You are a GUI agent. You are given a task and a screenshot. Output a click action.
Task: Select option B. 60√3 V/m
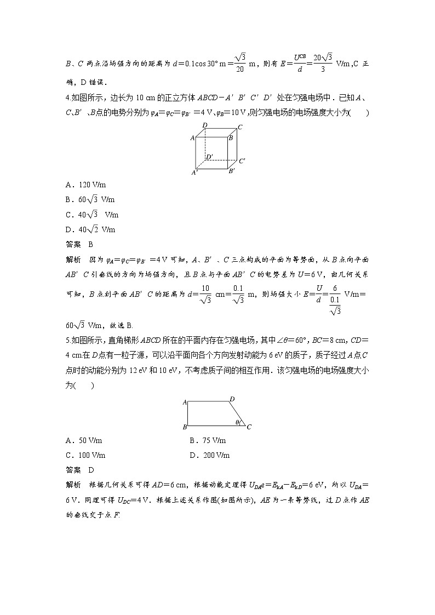pyautogui.click(x=90, y=200)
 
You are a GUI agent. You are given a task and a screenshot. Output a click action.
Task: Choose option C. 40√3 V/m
pyautogui.click(x=91, y=215)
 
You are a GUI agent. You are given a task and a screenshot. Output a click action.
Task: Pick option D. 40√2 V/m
pyautogui.click(x=90, y=229)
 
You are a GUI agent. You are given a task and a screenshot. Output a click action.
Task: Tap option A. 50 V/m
pyautogui.click(x=84, y=440)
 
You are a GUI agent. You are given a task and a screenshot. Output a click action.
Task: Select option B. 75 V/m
pyautogui.click(x=208, y=440)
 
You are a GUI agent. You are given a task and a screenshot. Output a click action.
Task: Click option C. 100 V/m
pyautogui.click(x=85, y=455)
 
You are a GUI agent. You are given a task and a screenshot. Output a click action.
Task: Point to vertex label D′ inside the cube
pyautogui.click(x=209, y=157)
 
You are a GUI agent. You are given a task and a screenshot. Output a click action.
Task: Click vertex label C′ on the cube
pyautogui.click(x=242, y=161)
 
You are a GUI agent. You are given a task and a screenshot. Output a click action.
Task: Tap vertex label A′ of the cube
pyautogui.click(x=194, y=173)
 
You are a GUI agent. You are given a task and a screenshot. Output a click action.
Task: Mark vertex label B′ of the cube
pyautogui.click(x=232, y=171)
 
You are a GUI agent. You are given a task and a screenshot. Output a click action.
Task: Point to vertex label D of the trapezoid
pyautogui.click(x=232, y=399)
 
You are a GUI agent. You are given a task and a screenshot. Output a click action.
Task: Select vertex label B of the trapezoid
pyautogui.click(x=185, y=427)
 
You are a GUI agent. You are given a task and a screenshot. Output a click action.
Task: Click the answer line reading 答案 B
pyautogui.click(x=80, y=244)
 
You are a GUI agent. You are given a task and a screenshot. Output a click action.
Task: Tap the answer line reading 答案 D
pyautogui.click(x=80, y=470)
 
